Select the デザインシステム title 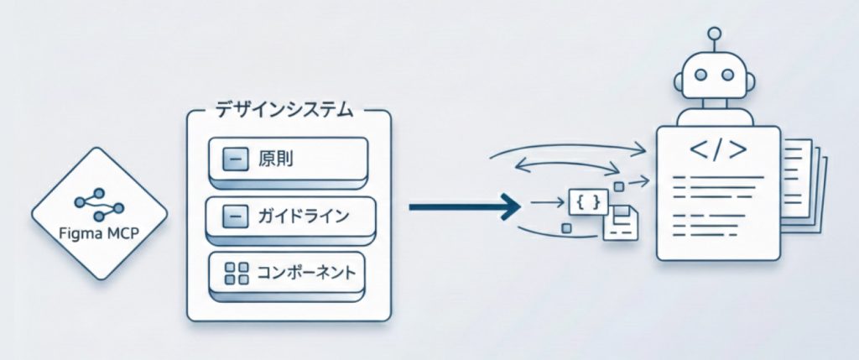point(284,110)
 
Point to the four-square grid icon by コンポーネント point(237,272)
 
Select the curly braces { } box point(587,203)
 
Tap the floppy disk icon point(622,224)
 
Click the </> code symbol point(717,151)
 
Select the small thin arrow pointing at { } point(549,202)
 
